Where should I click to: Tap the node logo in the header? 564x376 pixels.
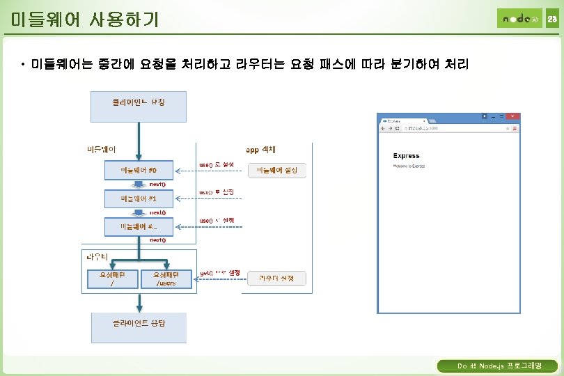point(519,19)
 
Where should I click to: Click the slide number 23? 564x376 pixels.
point(551,19)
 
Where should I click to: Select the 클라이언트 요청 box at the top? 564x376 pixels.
point(139,107)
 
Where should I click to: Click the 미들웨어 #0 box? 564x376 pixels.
point(139,170)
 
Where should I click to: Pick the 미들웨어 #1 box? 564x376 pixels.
point(139,198)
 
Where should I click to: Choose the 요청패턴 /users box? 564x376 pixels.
point(166,279)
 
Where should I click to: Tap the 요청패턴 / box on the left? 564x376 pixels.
point(113,279)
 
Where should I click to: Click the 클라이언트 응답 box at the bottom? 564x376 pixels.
point(139,327)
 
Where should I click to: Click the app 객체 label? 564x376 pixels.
point(261,149)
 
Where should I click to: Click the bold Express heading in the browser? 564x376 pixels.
point(406,156)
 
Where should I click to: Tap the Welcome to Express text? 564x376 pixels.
point(409,166)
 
